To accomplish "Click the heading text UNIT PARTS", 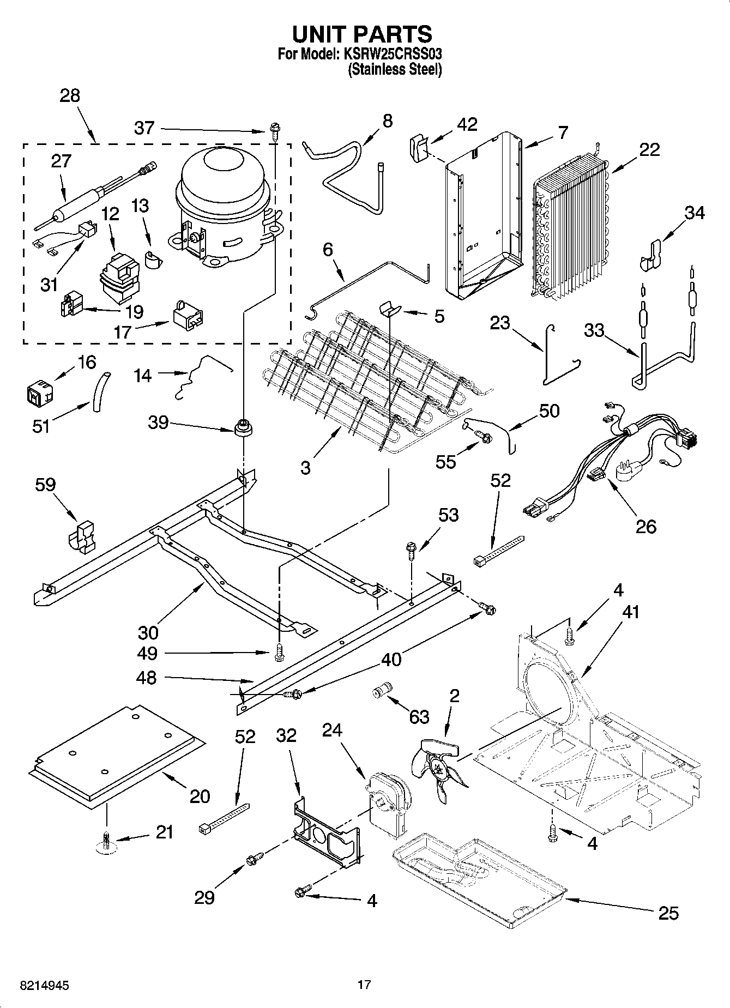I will pyautogui.click(x=362, y=34).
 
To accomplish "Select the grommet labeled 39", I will pyautogui.click(x=242, y=427).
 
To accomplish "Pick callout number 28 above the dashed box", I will pyautogui.click(x=69, y=96).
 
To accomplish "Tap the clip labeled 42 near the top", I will pyautogui.click(x=417, y=148).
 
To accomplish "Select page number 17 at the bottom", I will pyautogui.click(x=364, y=985).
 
